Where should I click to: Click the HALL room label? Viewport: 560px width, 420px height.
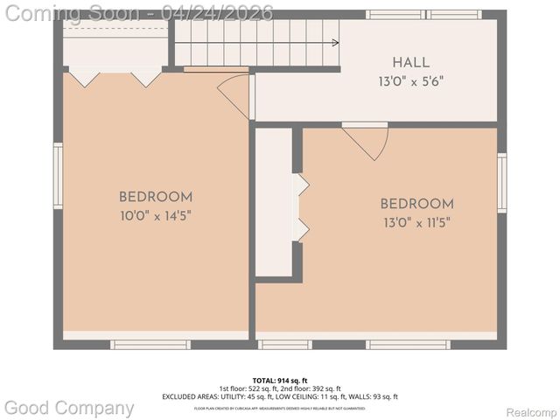(x=410, y=63)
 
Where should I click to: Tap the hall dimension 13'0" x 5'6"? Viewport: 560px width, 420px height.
(x=410, y=80)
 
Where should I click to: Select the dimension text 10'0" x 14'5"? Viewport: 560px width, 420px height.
(x=156, y=214)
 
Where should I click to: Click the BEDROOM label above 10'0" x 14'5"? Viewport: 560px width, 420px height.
(x=156, y=197)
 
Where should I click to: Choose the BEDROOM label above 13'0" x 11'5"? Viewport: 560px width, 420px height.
(x=416, y=204)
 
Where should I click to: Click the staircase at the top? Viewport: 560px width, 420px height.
(x=254, y=42)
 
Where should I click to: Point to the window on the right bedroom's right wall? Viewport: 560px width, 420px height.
(x=501, y=182)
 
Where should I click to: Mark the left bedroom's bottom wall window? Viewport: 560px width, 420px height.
(x=150, y=345)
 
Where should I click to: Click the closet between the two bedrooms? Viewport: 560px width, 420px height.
(x=274, y=203)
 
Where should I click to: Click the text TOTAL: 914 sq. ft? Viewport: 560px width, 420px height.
(x=280, y=381)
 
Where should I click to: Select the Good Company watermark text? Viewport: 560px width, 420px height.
(x=70, y=408)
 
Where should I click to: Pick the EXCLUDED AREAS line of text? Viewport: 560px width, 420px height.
(x=280, y=396)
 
